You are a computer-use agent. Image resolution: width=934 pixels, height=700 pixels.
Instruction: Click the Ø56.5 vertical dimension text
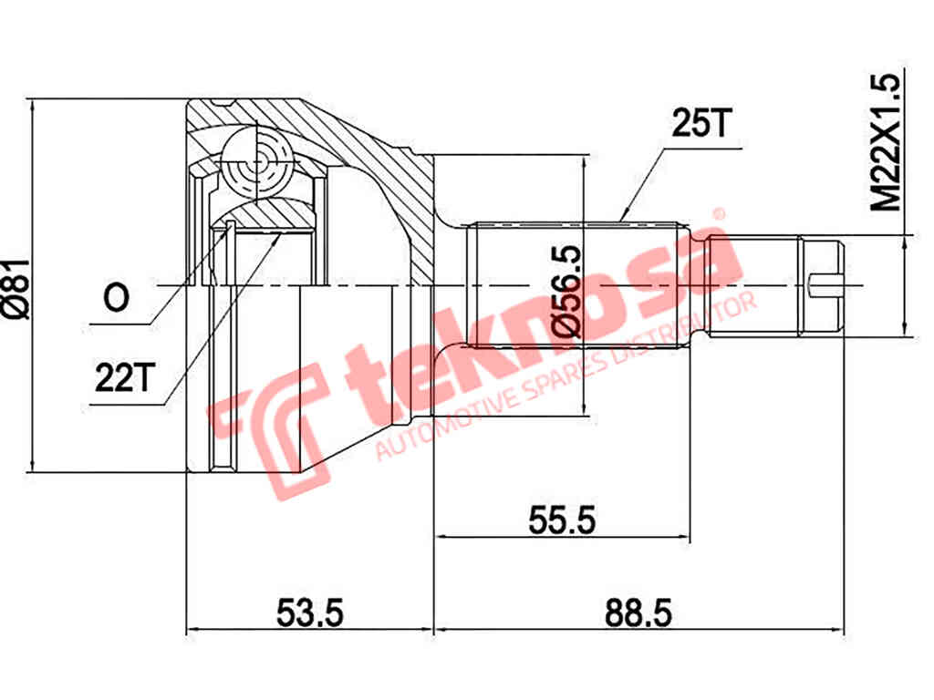tap(566, 291)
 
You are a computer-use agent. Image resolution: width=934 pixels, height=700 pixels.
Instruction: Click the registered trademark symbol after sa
tap(719, 215)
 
